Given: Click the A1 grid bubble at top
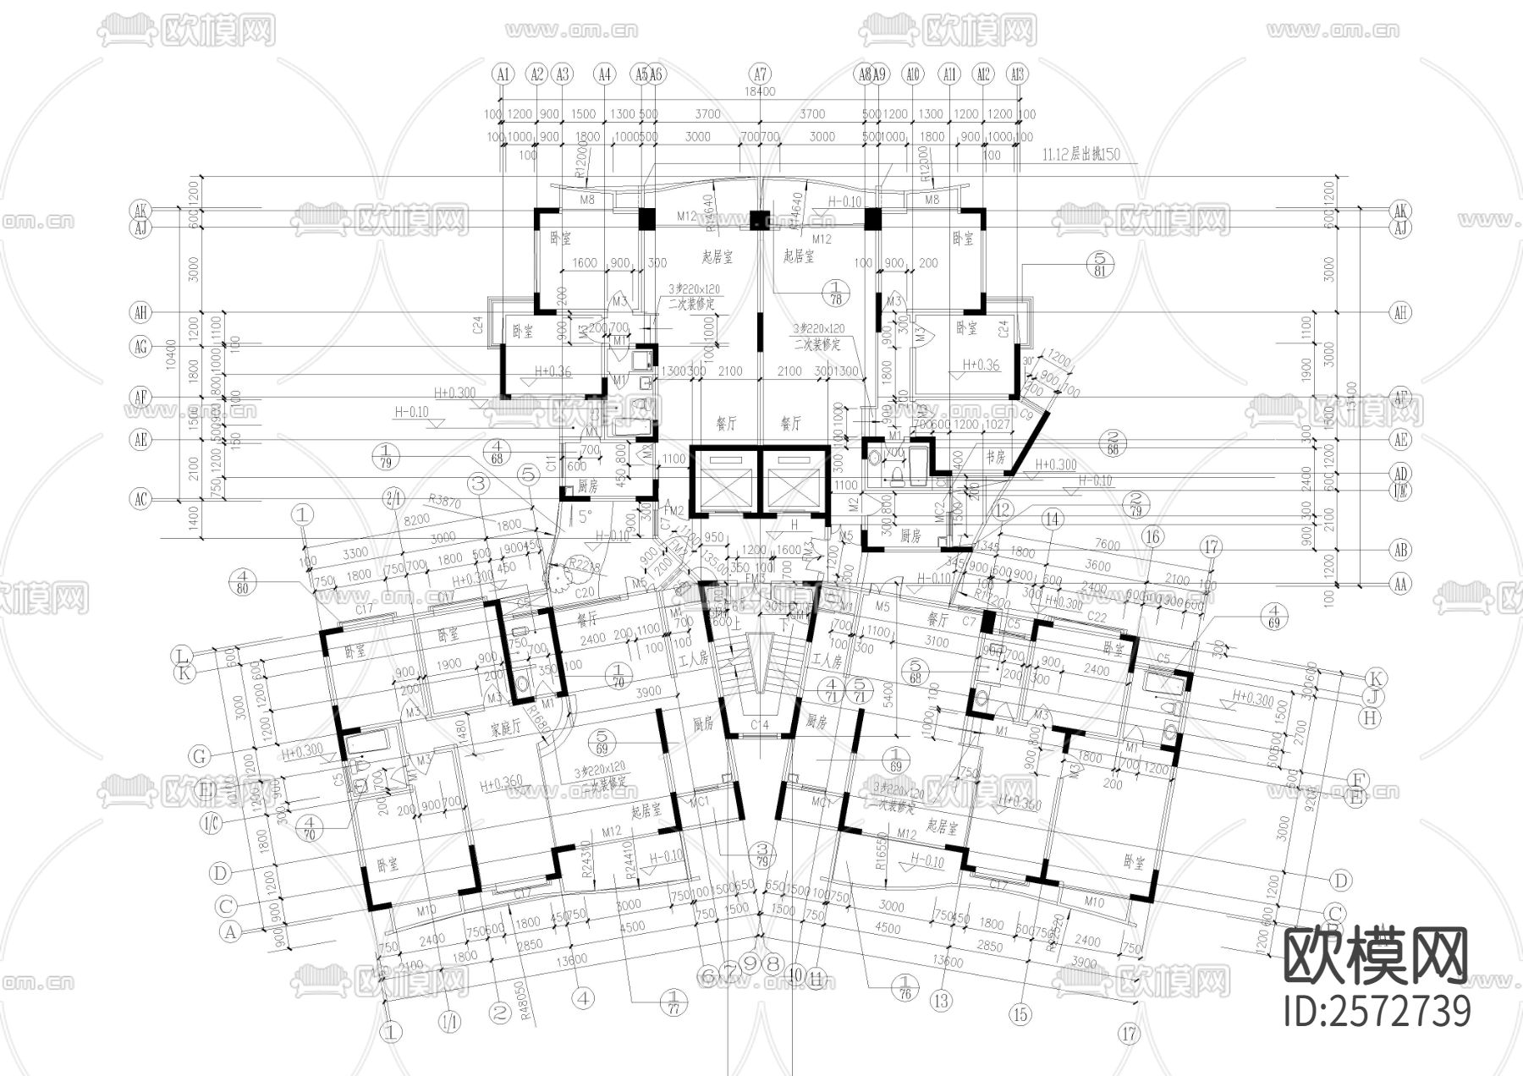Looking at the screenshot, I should [x=503, y=74].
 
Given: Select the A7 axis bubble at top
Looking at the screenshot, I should [x=760, y=74].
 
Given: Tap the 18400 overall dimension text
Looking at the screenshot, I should [x=760, y=91].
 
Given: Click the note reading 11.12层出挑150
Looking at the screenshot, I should [x=1080, y=154].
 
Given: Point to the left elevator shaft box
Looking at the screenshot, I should [x=725, y=479].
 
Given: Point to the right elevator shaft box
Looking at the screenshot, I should [x=793, y=479].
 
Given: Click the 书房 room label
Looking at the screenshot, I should [x=996, y=456].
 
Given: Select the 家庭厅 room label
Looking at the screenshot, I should [x=505, y=728].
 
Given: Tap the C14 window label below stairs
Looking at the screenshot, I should [x=760, y=725].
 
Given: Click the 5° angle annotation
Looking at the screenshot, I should [x=583, y=515].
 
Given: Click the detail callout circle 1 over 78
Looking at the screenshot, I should [x=836, y=294].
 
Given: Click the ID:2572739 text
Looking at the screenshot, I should [x=1377, y=1011].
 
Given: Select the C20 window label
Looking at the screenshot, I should [x=585, y=592].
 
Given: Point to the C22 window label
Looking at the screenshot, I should [x=1097, y=617].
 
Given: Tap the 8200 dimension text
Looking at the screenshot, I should [x=415, y=521].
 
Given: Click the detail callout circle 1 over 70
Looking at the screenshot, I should [x=620, y=673].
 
